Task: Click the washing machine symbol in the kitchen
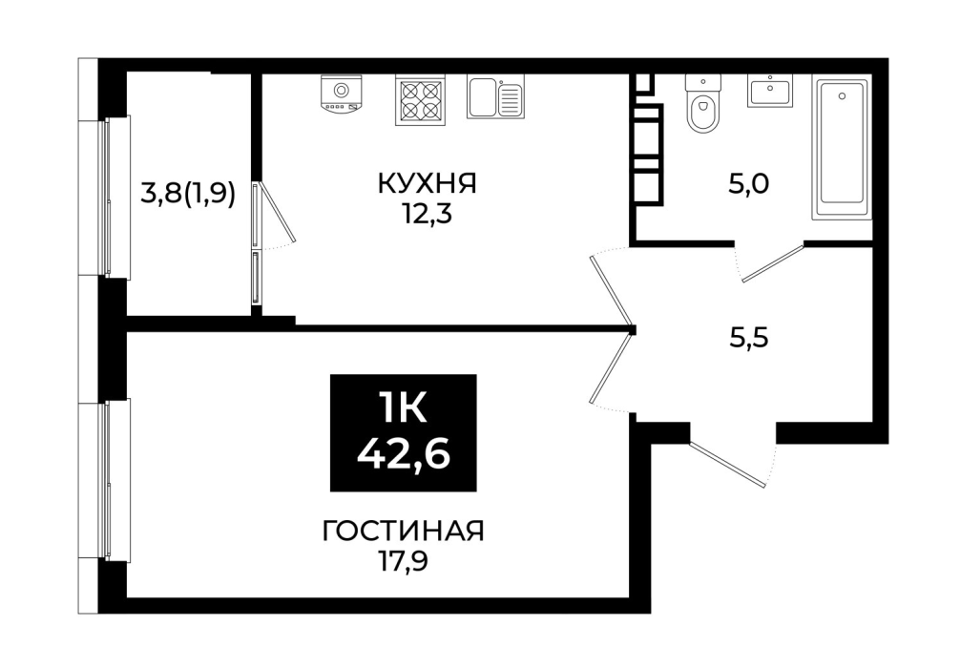tap(341, 94)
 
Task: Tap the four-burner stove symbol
tap(419, 100)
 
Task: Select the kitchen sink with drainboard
tap(496, 96)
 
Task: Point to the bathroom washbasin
tap(769, 91)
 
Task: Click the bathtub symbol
tap(843, 148)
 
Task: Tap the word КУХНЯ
tap(427, 183)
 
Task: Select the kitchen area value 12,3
tap(427, 215)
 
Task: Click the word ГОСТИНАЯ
tap(404, 531)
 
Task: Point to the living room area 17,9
tap(403, 561)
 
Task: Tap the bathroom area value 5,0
tap(748, 183)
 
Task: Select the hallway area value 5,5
tap(749, 338)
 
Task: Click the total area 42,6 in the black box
tap(404, 454)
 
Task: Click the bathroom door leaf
tap(773, 263)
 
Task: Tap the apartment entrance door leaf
tap(728, 464)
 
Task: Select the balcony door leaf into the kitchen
tap(276, 211)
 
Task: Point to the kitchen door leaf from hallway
tap(611, 289)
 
